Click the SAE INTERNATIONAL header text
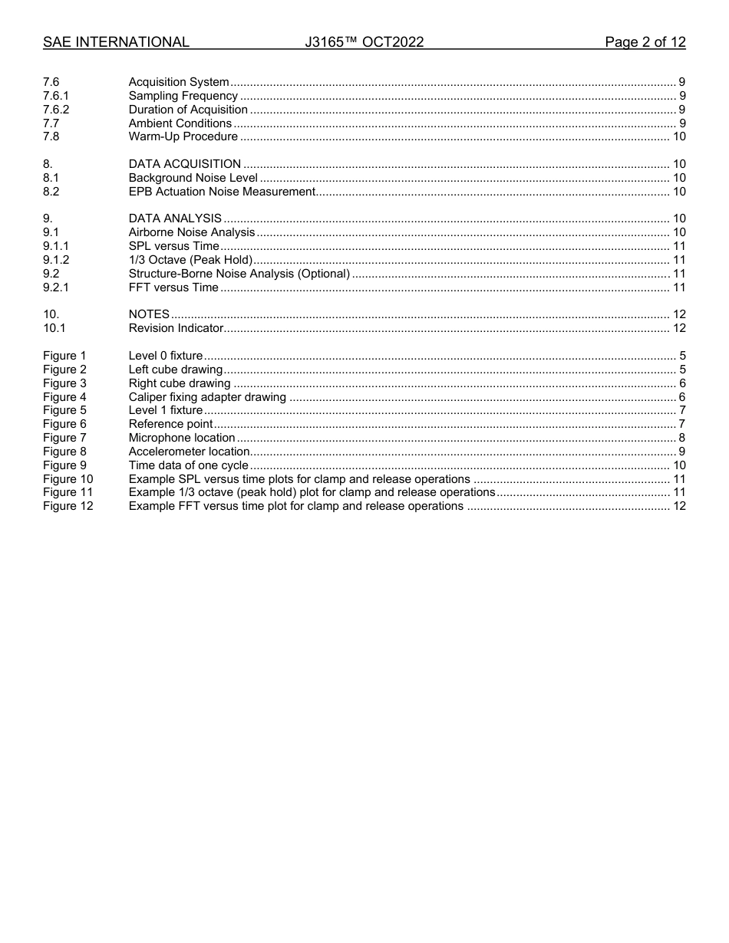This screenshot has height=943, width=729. coord(116,42)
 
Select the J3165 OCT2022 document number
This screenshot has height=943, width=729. coord(364,42)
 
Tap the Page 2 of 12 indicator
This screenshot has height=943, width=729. coord(645,42)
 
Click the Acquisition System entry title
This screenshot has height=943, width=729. coord(179,82)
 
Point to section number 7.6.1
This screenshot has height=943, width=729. coord(56,96)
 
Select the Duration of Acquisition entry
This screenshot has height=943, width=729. coord(188,110)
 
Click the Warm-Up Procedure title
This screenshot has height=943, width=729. coord(183,136)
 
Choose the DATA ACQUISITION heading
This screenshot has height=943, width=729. coord(185,164)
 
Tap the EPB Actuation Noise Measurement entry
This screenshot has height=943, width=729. coord(222,192)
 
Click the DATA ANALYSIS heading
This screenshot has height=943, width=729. coord(175,219)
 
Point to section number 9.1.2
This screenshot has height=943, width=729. coord(56,260)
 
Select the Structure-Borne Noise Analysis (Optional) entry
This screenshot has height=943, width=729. coord(239,274)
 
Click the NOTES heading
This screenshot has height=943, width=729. coord(149,314)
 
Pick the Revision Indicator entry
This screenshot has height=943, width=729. coord(176,328)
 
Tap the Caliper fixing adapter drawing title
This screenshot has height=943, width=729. coord(207,397)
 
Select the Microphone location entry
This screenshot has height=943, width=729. coord(182,438)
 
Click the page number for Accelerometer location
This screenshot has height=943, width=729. coord(681,452)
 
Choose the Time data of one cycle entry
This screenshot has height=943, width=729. coord(189,465)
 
